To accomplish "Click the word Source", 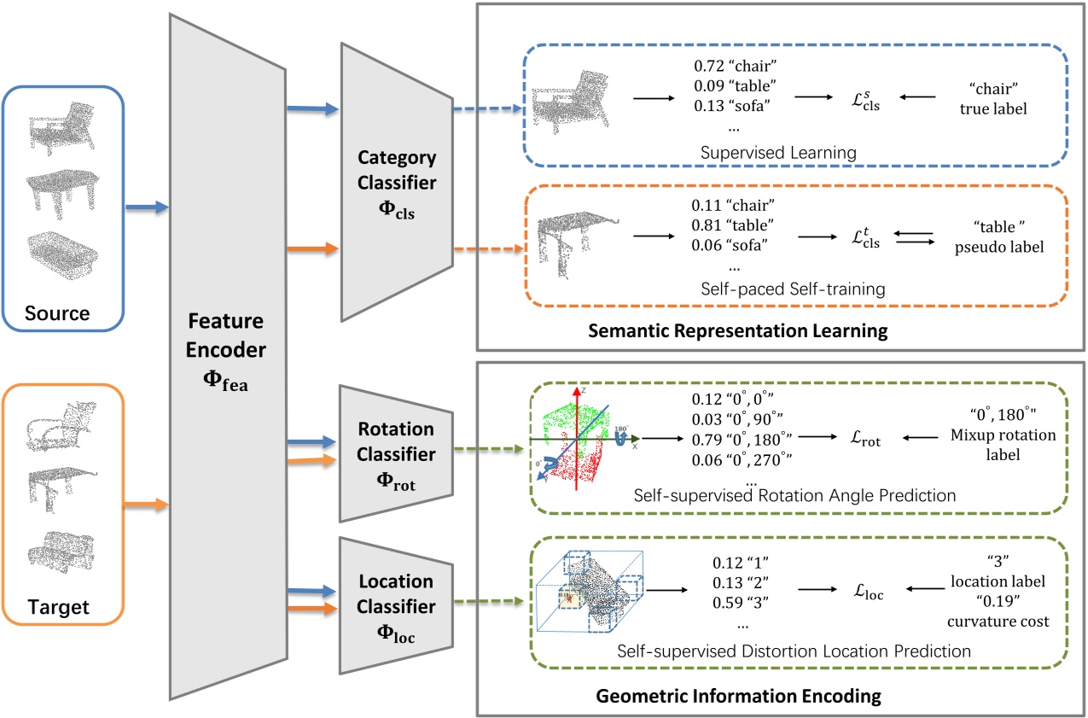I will [x=56, y=312].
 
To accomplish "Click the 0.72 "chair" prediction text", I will [x=733, y=65].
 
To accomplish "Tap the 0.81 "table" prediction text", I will [x=733, y=225].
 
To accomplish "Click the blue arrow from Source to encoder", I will [x=146, y=207].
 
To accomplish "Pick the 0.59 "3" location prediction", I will [x=741, y=600].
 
